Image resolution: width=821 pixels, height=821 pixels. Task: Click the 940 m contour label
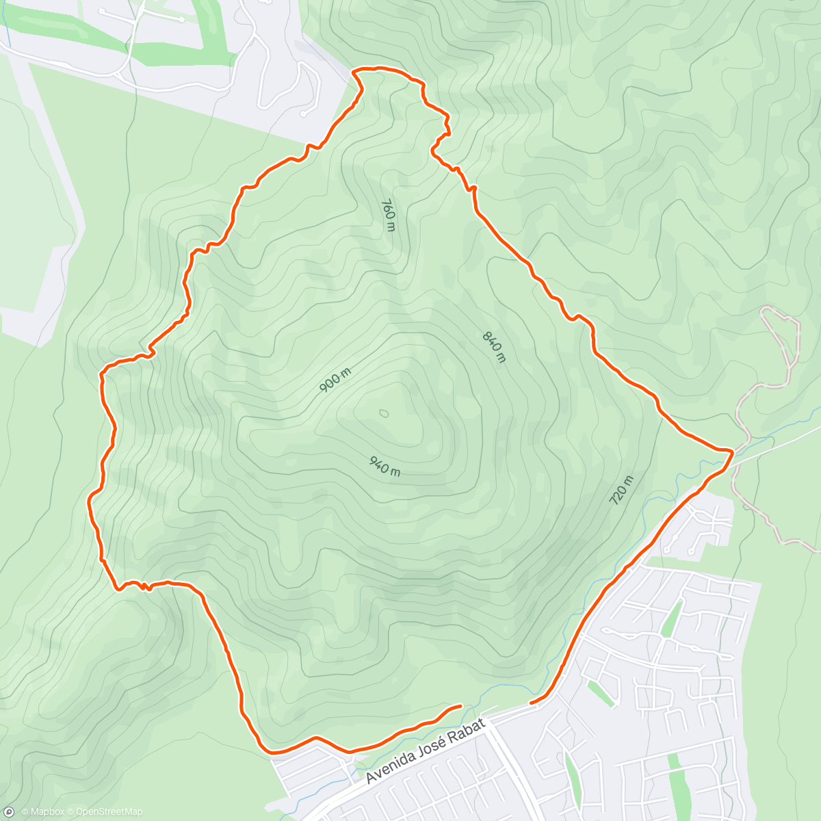385,467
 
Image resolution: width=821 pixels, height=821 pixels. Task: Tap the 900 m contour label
335,380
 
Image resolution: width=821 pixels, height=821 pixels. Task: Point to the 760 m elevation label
388,215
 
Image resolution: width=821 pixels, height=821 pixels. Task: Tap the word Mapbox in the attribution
43,812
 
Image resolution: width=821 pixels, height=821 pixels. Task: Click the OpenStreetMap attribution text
109,812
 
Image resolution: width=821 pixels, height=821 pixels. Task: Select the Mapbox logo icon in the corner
9,811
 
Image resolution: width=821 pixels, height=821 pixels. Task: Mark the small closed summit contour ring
383,413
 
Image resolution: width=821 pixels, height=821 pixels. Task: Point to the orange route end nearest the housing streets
532,702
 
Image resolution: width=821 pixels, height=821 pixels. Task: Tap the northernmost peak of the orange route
376,68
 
